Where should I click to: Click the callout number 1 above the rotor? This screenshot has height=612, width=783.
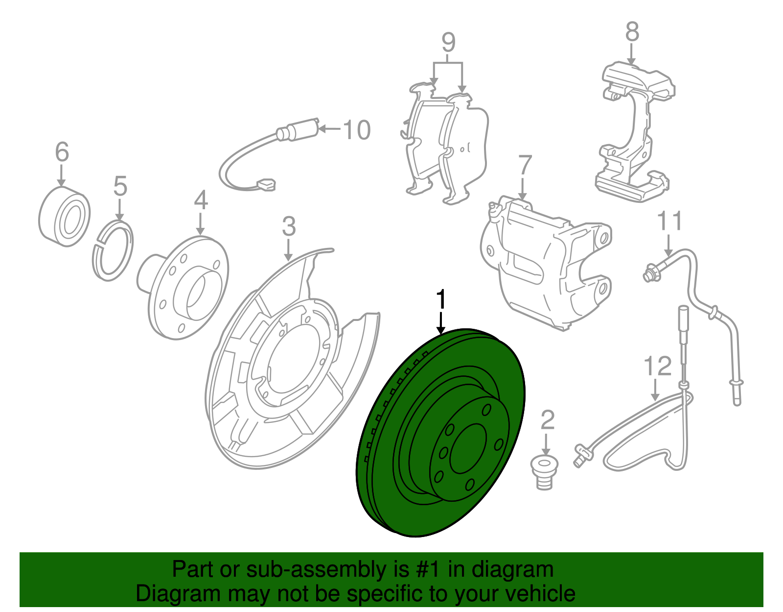[x=441, y=299]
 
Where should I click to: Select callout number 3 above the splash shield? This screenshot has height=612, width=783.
[x=289, y=226]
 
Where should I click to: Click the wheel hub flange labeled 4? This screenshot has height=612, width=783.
[x=188, y=289]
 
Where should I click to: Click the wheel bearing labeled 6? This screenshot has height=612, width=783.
[x=64, y=216]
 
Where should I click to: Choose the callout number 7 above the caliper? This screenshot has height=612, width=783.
[x=525, y=166]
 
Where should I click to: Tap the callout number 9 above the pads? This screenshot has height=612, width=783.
[x=448, y=43]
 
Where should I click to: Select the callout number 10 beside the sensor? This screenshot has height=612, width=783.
[x=357, y=130]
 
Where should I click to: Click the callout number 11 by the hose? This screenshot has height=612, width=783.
[x=669, y=221]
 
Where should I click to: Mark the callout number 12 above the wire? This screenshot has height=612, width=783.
[x=657, y=367]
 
